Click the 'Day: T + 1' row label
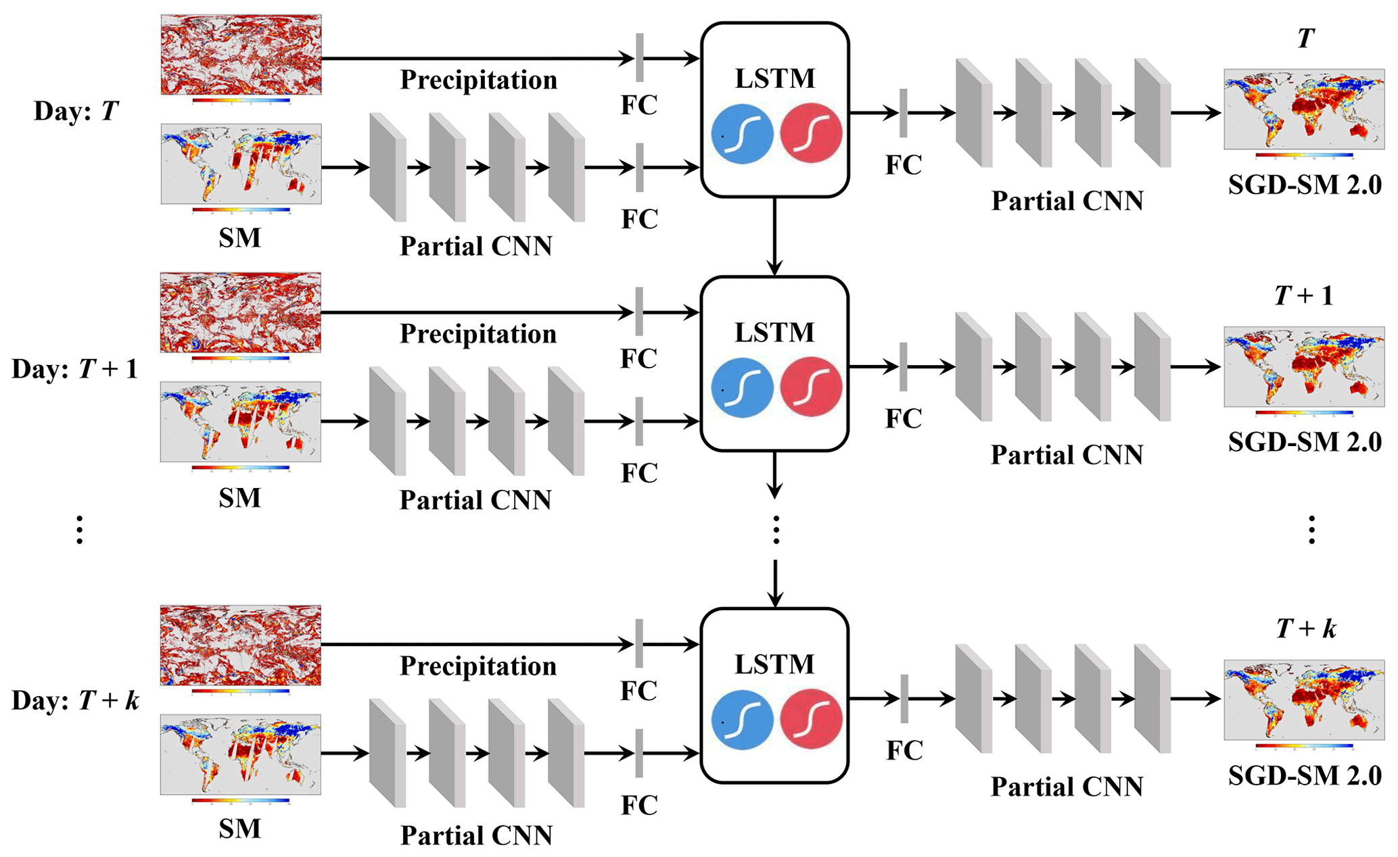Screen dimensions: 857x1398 (x=74, y=369)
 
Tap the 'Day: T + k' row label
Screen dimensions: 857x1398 (x=75, y=700)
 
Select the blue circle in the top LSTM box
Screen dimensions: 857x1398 (x=742, y=134)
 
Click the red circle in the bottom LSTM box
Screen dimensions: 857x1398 (x=811, y=718)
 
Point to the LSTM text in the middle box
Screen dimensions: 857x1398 (x=775, y=333)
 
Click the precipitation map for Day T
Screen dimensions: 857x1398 (x=241, y=55)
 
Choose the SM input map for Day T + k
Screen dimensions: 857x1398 (x=241, y=754)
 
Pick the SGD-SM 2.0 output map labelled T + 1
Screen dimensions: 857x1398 (x=1304, y=366)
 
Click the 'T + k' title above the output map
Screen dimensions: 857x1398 (x=1306, y=629)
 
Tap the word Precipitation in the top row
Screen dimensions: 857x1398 (x=478, y=80)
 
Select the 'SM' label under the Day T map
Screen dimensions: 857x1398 (x=239, y=238)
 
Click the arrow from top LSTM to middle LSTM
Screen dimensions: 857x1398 (x=775, y=237)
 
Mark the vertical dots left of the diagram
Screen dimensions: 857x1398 (x=80, y=529)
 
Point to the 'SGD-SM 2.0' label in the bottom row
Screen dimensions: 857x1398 (x=1305, y=775)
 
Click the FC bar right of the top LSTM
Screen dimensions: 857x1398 (x=904, y=113)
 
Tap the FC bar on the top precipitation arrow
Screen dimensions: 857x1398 (x=639, y=58)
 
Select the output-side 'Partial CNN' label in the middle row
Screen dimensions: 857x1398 (x=1067, y=455)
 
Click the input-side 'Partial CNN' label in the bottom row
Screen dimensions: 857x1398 (x=476, y=835)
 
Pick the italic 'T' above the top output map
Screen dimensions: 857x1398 (x=1305, y=39)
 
